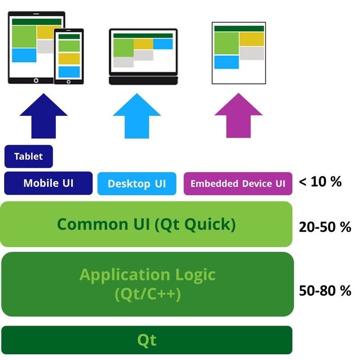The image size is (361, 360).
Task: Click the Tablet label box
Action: coord(28,157)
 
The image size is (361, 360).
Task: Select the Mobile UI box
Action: coord(48,183)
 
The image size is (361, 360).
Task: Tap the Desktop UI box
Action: coord(137,184)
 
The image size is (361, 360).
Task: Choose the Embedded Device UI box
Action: coord(238,183)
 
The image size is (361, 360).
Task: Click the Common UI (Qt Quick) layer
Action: coord(146,224)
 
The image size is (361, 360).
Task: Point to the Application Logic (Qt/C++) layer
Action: coord(147,284)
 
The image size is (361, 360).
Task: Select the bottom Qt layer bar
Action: coord(147,340)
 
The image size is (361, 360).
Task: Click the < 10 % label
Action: coord(320,181)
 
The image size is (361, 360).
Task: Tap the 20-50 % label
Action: coord(325,227)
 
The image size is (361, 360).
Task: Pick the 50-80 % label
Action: coord(325,290)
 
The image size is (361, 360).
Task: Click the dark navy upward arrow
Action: coord(43,117)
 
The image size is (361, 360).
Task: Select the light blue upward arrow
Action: coord(137,117)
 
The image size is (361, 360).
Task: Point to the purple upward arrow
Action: coord(238,117)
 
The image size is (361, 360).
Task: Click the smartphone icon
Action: coord(69,55)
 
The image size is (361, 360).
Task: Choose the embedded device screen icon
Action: coord(239,53)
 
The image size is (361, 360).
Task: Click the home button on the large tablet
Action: coord(35,80)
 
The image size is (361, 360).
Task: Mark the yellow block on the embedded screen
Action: coord(252,39)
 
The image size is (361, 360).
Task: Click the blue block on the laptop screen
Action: coord(163,44)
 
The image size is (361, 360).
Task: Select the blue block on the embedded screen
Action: coord(226,62)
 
